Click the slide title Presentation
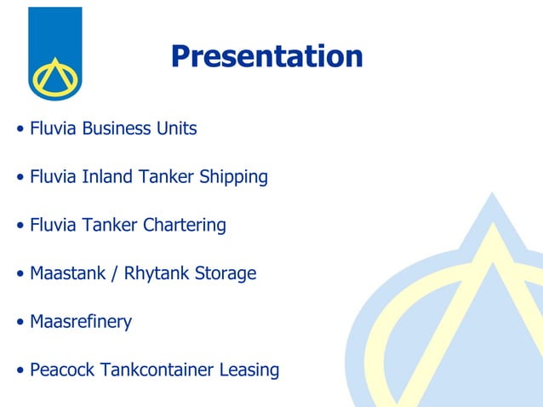pyautogui.click(x=266, y=56)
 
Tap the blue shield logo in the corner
pyautogui.click(x=54, y=53)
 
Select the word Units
pyautogui.click(x=176, y=129)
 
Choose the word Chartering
pyautogui.click(x=184, y=226)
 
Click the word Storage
pyautogui.click(x=226, y=274)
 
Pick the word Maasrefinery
pyautogui.click(x=81, y=323)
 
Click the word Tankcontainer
pyautogui.click(x=157, y=370)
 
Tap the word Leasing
pyautogui.click(x=249, y=370)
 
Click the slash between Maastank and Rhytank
pyautogui.click(x=117, y=274)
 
